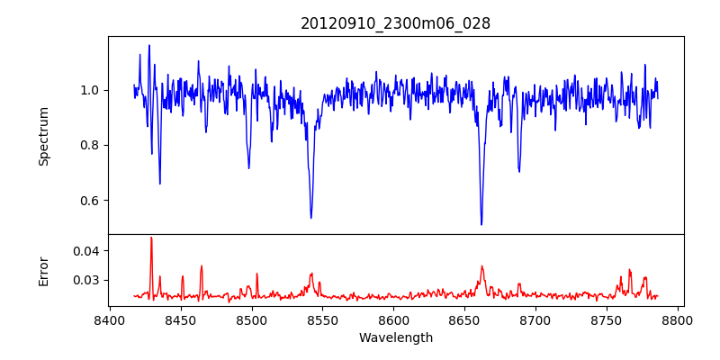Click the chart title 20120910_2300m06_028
pos(395,23)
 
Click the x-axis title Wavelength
pos(395,337)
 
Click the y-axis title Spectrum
pos(43,136)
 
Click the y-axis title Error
pos(43,271)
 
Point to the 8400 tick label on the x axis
pos(110,319)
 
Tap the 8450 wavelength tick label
pos(181,319)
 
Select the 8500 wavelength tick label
pos(252,319)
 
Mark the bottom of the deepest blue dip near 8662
pos(481,224)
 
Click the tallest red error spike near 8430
pos(151,238)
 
